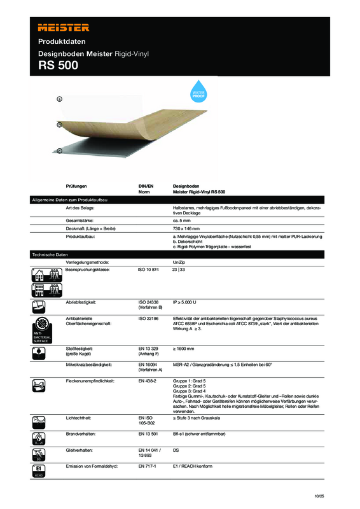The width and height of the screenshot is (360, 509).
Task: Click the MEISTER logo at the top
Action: point(64,27)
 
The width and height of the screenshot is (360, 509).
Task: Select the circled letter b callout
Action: point(59,125)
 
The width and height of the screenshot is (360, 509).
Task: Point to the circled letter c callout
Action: point(59,151)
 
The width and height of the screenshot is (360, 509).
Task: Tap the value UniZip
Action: point(179,262)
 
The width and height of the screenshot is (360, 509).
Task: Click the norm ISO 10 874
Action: point(150,270)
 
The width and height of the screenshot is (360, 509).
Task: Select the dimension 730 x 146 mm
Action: point(186,228)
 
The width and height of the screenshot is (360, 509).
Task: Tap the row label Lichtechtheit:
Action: point(80,417)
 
